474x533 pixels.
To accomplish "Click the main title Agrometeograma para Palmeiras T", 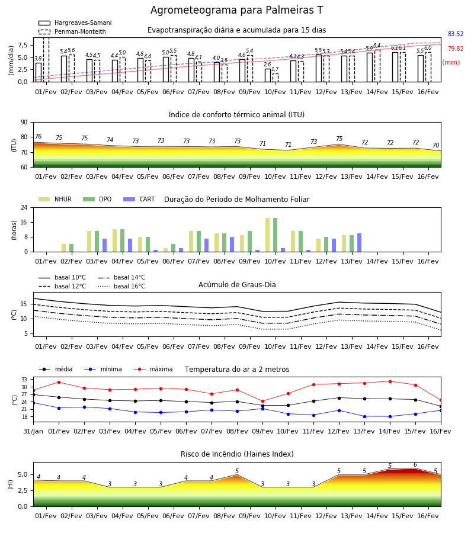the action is click(236, 10).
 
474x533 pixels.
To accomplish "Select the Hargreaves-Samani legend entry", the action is click(75, 23).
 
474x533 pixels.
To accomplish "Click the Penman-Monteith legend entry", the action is click(72, 31).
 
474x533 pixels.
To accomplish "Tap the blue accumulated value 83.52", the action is click(456, 34).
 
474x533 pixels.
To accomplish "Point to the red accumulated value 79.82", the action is click(456, 49).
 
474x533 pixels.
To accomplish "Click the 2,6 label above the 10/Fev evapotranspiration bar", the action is click(267, 65).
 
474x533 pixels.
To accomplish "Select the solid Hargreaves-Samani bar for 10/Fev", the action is click(268, 75).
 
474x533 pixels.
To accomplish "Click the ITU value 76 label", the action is click(39, 136).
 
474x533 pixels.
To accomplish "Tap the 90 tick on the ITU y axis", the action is click(24, 123).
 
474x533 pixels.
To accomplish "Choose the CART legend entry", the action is click(139, 199).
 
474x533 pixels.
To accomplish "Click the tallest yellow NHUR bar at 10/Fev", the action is click(268, 235).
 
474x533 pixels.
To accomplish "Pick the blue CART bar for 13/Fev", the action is click(360, 243).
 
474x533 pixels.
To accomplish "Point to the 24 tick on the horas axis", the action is click(24, 207).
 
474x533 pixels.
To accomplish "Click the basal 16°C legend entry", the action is click(121, 286).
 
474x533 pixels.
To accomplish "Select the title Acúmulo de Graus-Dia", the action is click(237, 285).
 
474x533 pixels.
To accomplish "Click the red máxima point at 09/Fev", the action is click(262, 402).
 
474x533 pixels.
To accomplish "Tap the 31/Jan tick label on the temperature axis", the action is click(33, 431).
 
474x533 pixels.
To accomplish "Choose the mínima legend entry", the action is click(103, 369).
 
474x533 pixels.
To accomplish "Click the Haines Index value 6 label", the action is click(415, 465).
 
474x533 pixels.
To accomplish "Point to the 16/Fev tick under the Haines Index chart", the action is click(428, 516).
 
